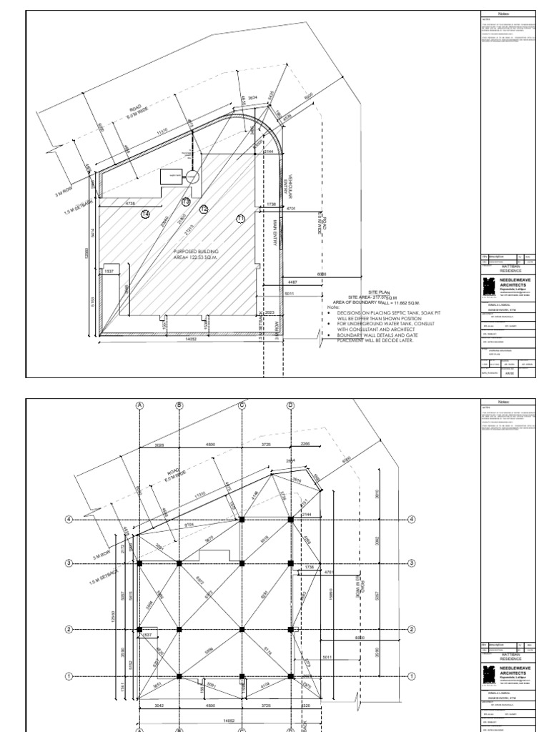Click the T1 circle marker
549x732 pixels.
pos(241,218)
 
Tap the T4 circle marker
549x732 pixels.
pos(146,214)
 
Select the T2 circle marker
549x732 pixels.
pos(204,209)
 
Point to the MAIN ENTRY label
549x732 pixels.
pos(274,232)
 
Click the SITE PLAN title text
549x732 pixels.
pos(381,292)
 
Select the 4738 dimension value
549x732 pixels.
pos(131,204)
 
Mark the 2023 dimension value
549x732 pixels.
pos(269,312)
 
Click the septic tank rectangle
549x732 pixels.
pos(171,177)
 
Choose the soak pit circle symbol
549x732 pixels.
pos(192,177)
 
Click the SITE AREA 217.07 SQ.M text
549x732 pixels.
pos(372,297)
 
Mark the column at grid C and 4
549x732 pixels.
pos(242,519)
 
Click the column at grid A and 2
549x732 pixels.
pos(140,629)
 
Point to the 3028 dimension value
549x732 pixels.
pos(159,445)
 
